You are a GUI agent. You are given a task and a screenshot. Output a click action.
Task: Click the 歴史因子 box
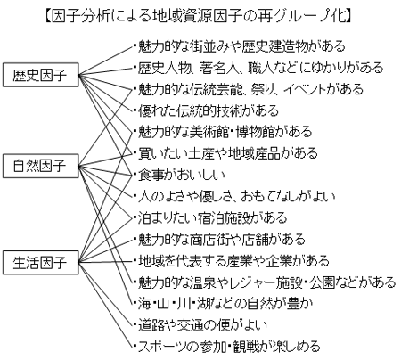tap(41, 75)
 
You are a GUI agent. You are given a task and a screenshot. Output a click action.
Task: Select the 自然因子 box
tap(41, 166)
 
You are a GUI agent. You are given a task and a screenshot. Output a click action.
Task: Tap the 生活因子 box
tap(41, 263)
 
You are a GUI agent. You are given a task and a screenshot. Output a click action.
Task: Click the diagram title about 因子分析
tap(199, 16)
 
